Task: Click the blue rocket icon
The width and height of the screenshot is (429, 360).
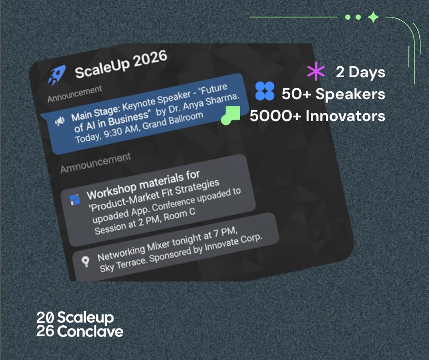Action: click(x=57, y=74)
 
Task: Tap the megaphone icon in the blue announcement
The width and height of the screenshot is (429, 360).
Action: click(x=60, y=121)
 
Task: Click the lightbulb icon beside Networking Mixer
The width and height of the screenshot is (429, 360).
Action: click(x=86, y=261)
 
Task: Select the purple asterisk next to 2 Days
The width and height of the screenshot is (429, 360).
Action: click(x=316, y=71)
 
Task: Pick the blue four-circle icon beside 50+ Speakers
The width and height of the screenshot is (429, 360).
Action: click(x=265, y=91)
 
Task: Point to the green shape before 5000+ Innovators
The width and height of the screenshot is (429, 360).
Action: click(x=230, y=115)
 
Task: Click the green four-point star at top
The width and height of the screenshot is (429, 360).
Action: click(x=373, y=17)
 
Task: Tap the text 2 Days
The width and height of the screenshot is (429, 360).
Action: click(x=361, y=72)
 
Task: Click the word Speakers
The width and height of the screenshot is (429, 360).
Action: click(x=350, y=94)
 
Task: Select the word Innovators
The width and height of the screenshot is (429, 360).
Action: click(x=345, y=116)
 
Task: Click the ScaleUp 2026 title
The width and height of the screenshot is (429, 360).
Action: click(x=121, y=65)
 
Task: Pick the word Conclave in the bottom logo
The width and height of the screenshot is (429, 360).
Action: click(x=90, y=332)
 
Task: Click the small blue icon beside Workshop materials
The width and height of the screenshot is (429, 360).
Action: click(x=75, y=200)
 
